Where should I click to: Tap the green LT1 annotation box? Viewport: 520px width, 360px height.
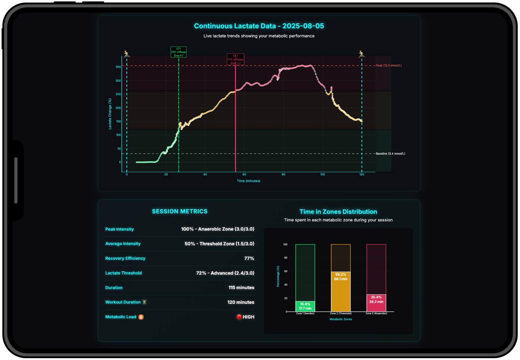point(178,52)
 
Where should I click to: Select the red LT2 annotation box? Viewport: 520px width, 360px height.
point(235,59)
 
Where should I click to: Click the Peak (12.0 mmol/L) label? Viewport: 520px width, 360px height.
point(389,65)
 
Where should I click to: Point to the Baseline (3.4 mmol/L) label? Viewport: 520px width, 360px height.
point(390,154)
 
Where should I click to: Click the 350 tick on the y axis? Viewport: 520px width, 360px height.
point(118,67)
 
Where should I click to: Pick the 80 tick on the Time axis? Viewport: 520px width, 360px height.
point(283,174)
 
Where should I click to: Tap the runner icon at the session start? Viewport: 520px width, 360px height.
point(127,54)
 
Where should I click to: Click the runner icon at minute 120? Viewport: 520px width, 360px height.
point(362,54)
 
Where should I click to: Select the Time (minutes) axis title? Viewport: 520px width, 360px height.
point(248,181)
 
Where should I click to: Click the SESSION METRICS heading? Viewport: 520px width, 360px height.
point(180,211)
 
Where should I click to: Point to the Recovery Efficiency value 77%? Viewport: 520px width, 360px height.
point(249,258)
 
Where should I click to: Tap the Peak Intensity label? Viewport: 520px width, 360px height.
point(119,229)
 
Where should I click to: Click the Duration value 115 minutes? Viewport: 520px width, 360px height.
point(241,288)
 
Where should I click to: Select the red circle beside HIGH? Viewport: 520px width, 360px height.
point(239,317)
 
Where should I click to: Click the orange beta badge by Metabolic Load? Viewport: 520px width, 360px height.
point(141,317)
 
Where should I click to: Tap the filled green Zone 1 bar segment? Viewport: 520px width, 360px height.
point(305,306)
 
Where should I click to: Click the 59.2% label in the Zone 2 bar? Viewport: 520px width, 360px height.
point(341,274)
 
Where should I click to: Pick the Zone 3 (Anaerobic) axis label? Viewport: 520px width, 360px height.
point(376,313)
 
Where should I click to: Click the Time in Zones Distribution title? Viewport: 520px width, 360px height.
point(338,212)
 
